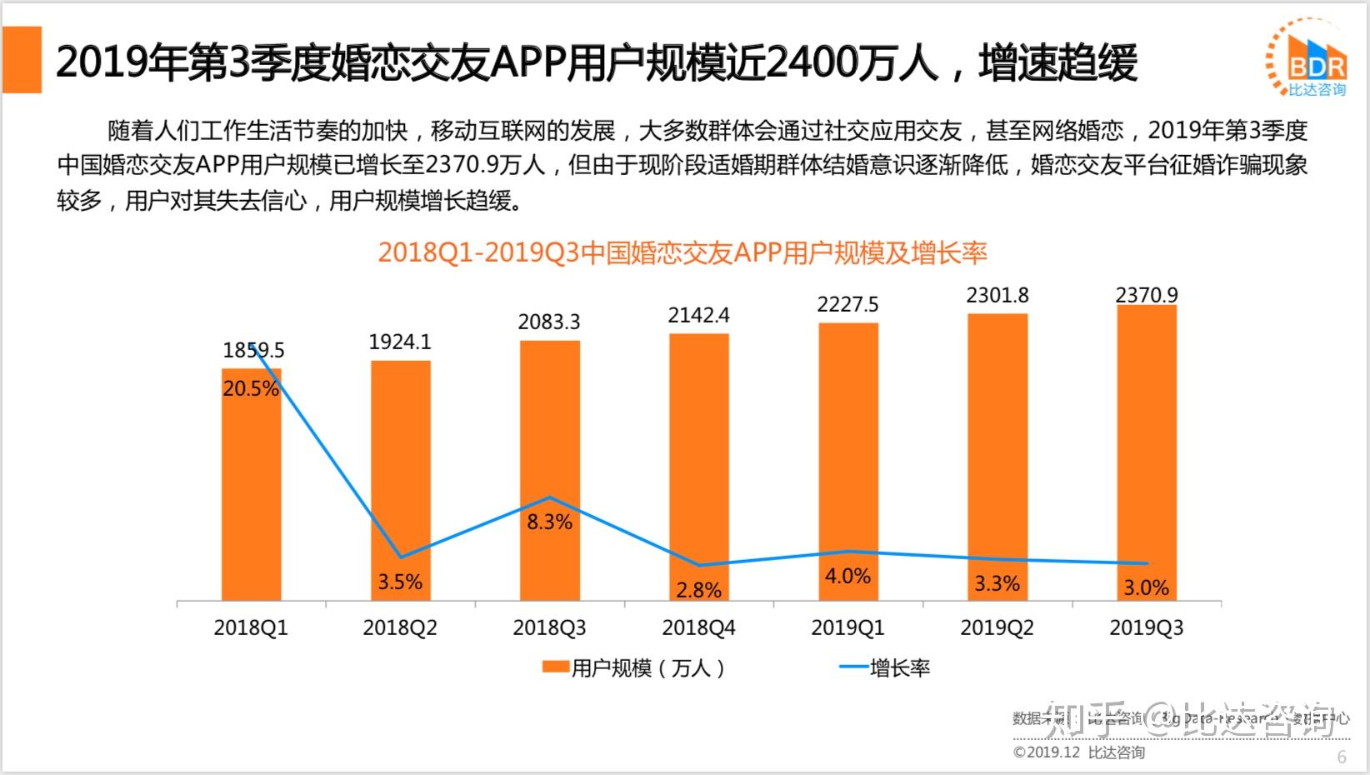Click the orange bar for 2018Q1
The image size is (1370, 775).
pos(252,492)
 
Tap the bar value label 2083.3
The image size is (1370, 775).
pos(549,322)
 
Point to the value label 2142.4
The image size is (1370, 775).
pos(698,315)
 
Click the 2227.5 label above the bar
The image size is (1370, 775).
pos(847,305)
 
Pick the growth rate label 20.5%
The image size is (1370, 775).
pos(251,389)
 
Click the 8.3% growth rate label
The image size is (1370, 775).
pos(549,522)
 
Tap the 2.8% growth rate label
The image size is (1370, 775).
pos(698,590)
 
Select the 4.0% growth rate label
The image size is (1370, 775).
pos(847,576)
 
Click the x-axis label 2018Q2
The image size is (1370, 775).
pos(400,627)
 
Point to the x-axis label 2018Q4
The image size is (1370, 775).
pos(698,627)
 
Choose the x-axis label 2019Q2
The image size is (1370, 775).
pos(997,627)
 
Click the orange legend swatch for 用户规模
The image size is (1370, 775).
pos(555,667)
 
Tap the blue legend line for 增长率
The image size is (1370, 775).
pos(852,667)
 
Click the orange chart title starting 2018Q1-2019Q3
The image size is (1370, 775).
pos(682,252)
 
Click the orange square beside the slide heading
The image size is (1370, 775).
pos(22,59)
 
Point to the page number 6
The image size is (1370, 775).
pos(1342,757)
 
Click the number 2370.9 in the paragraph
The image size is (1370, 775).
pos(459,165)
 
